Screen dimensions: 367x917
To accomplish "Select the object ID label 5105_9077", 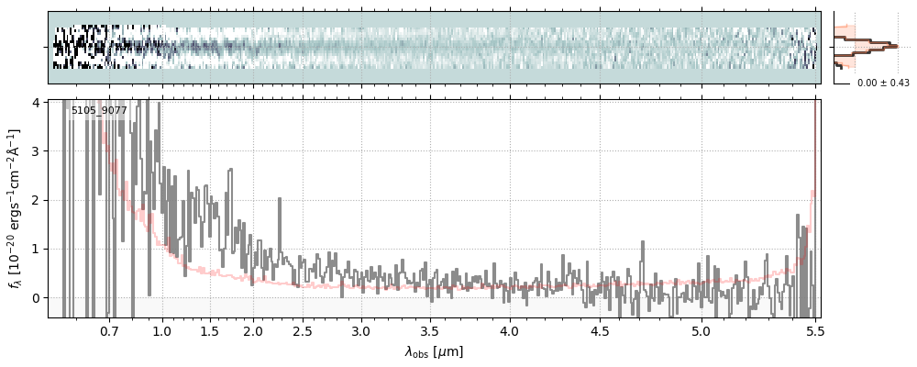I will click(99, 111).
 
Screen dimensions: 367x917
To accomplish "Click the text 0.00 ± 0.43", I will click(883, 83).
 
